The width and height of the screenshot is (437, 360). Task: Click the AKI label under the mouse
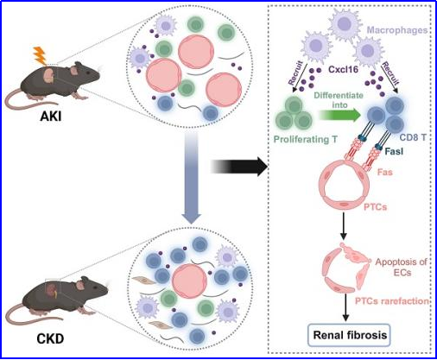(x=51, y=117)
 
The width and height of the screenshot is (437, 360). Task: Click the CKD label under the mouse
(x=50, y=338)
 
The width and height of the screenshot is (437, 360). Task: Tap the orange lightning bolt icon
(x=40, y=56)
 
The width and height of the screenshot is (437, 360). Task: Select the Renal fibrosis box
(x=350, y=335)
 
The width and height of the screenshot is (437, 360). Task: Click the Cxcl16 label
(x=344, y=69)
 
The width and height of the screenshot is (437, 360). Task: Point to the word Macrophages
(x=397, y=30)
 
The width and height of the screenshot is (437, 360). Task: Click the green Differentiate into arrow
(x=340, y=115)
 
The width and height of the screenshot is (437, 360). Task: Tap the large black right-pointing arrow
(x=239, y=166)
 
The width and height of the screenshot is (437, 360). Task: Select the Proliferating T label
(x=306, y=140)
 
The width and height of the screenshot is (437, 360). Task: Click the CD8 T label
(x=413, y=137)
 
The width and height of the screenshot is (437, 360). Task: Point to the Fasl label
(x=394, y=151)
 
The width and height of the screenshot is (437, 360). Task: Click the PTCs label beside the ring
(x=376, y=207)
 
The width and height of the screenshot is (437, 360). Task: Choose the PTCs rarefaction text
(x=391, y=301)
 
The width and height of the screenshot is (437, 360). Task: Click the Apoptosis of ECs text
(x=401, y=267)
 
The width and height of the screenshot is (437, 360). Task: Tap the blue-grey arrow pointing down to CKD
(x=192, y=179)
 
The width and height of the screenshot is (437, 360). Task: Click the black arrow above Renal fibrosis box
(x=345, y=307)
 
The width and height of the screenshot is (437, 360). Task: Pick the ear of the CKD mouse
(x=80, y=285)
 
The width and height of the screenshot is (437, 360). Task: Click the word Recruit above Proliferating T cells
(x=295, y=73)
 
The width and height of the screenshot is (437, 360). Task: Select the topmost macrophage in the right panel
(x=345, y=23)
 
